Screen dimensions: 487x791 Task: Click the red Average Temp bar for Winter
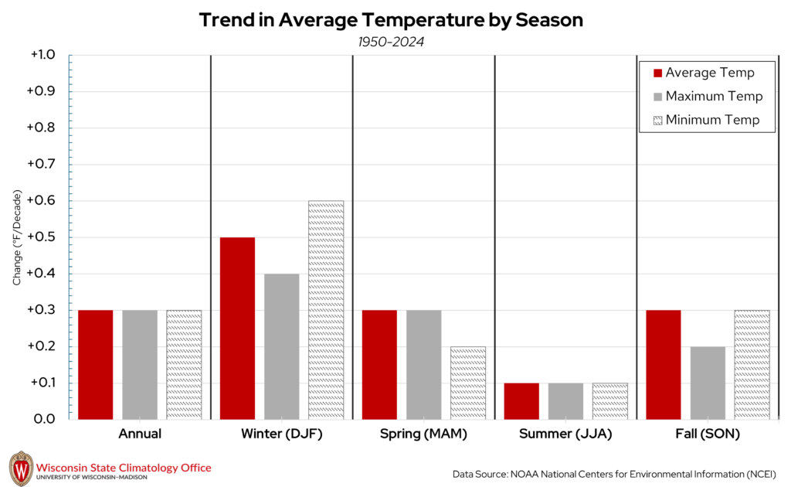[x=237, y=328]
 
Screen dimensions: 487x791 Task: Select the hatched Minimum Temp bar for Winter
[x=326, y=310]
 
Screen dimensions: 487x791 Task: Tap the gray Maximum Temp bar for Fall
[x=708, y=383]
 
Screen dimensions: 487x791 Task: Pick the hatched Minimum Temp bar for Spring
[x=468, y=383]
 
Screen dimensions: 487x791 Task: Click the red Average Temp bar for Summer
[x=521, y=400]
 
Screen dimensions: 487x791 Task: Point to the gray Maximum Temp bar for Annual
[x=140, y=364]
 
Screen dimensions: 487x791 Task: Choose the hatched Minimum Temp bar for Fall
[x=752, y=364]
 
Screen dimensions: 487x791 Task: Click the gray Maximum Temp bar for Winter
[x=281, y=346]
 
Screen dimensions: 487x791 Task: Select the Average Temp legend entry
[x=704, y=73]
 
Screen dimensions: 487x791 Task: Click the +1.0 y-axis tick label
[x=43, y=56]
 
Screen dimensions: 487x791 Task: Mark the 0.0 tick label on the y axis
[x=46, y=419]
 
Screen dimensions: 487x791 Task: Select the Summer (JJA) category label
[x=565, y=434]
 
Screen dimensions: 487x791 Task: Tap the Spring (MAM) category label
[x=423, y=434]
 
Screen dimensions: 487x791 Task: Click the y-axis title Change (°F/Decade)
[x=16, y=237]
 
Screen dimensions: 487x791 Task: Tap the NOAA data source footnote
[x=614, y=473]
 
